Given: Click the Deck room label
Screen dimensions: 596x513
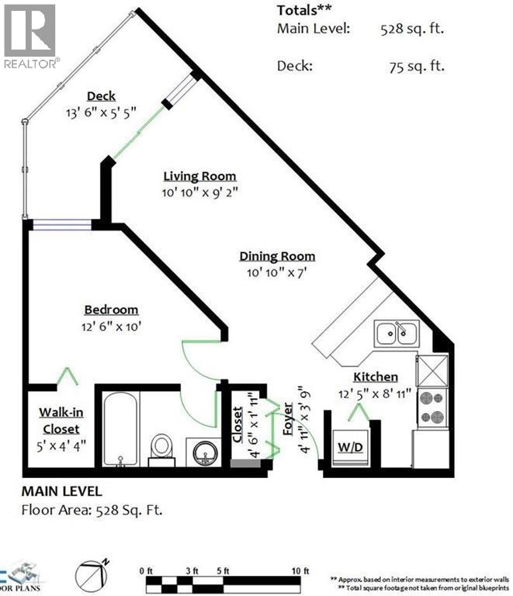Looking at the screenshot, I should click(101, 96).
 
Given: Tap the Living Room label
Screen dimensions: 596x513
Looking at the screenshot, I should click(199, 176).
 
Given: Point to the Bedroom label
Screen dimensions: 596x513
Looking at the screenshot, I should click(111, 309).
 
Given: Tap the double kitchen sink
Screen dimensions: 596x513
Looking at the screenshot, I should click(397, 334).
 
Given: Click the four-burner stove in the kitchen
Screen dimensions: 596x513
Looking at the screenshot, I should click(432, 408).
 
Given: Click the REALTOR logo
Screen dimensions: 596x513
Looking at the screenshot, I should click(29, 36).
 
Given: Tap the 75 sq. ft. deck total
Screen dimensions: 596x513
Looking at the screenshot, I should click(417, 66).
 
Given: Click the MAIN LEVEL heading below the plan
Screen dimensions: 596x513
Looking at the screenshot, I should click(61, 491).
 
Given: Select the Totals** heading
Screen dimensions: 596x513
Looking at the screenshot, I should click(305, 10).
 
